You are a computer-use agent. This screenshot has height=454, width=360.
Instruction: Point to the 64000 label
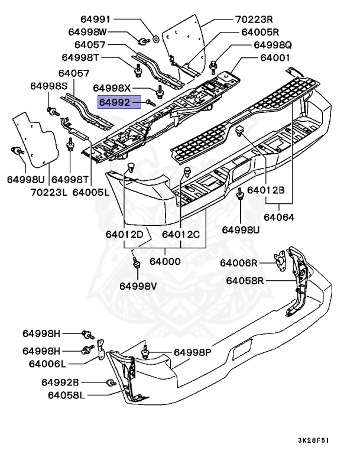(165, 261)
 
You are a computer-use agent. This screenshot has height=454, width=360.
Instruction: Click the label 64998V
(138, 286)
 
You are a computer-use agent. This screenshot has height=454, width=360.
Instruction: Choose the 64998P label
(192, 352)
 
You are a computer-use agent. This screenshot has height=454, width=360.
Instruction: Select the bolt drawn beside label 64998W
(143, 41)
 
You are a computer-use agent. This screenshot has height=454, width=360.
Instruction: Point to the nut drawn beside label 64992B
(110, 383)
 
